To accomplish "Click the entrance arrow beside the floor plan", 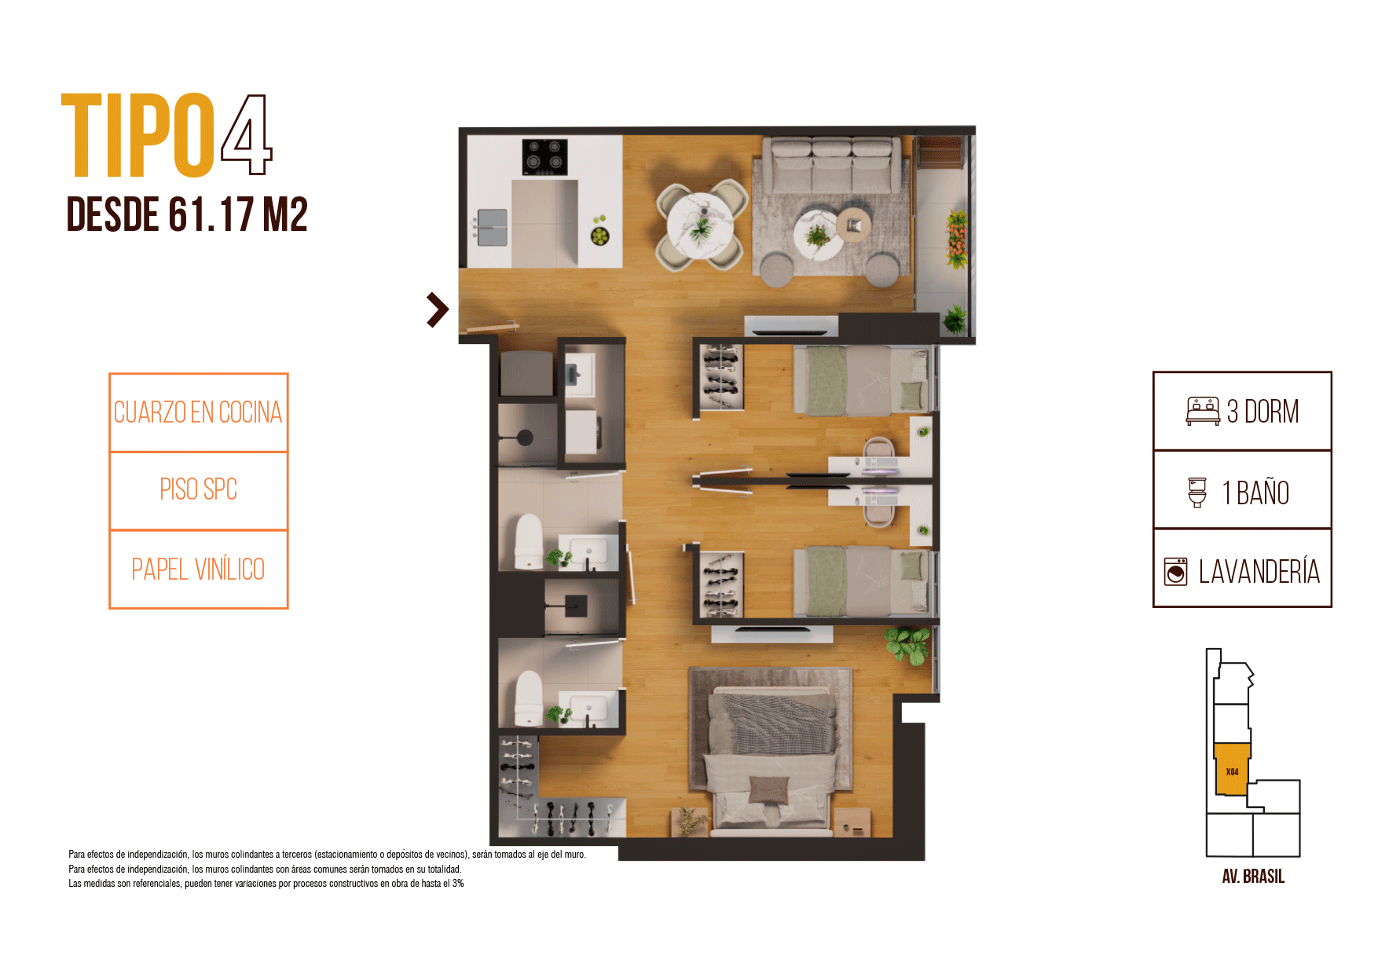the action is tap(438, 309).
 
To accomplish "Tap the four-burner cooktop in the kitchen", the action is tap(545, 157).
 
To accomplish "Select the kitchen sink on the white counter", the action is tap(493, 227).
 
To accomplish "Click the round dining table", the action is tap(701, 225).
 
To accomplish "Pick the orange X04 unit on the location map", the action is tap(1232, 770).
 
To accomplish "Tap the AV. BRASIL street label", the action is tap(1253, 877).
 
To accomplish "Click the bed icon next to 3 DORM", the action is tap(1203, 412).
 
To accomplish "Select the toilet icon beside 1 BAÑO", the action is tap(1197, 492).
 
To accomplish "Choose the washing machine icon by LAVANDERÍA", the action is tap(1176, 572).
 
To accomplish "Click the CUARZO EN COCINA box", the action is tap(199, 412).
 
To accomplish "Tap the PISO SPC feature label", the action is tap(199, 489).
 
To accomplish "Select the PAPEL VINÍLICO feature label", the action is tap(198, 569).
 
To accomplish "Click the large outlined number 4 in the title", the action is tap(246, 134).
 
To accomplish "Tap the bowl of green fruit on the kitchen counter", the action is tap(600, 235).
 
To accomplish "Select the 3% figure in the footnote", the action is tap(458, 884).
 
